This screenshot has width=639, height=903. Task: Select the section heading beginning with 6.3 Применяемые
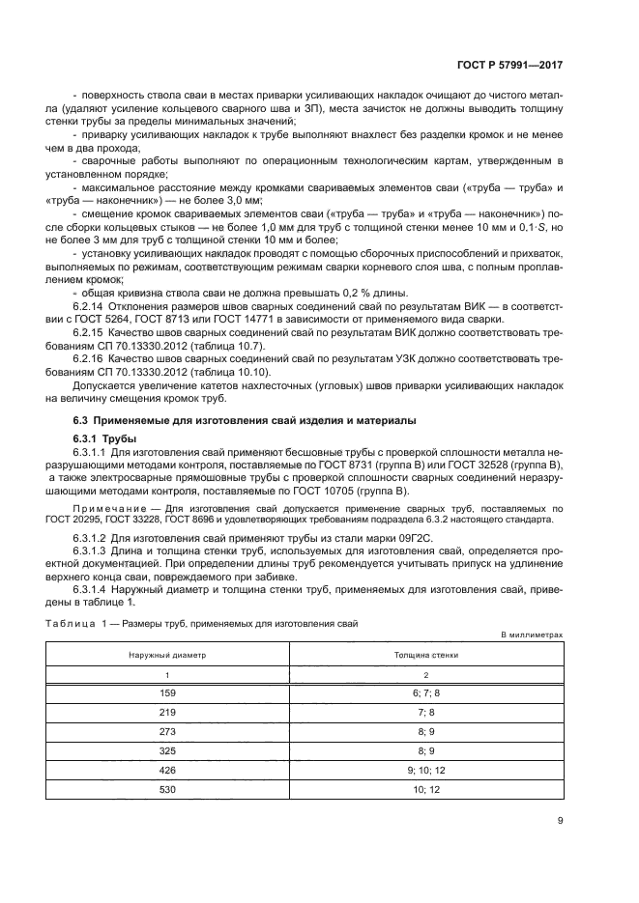coord(246,421)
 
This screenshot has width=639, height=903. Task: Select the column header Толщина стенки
coord(425,654)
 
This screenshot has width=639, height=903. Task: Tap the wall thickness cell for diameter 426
coord(425,770)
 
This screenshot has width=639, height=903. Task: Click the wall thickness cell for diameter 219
coord(425,712)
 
